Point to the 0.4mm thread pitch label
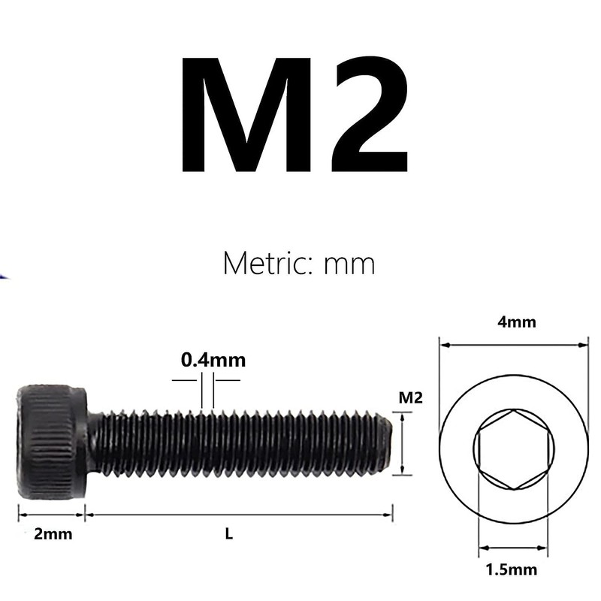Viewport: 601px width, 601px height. [213, 360]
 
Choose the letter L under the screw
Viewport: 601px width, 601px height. [229, 535]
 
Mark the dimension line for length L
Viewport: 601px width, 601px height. [239, 515]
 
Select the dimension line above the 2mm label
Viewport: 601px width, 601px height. [51, 515]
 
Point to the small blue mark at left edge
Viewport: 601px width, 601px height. [3, 277]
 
